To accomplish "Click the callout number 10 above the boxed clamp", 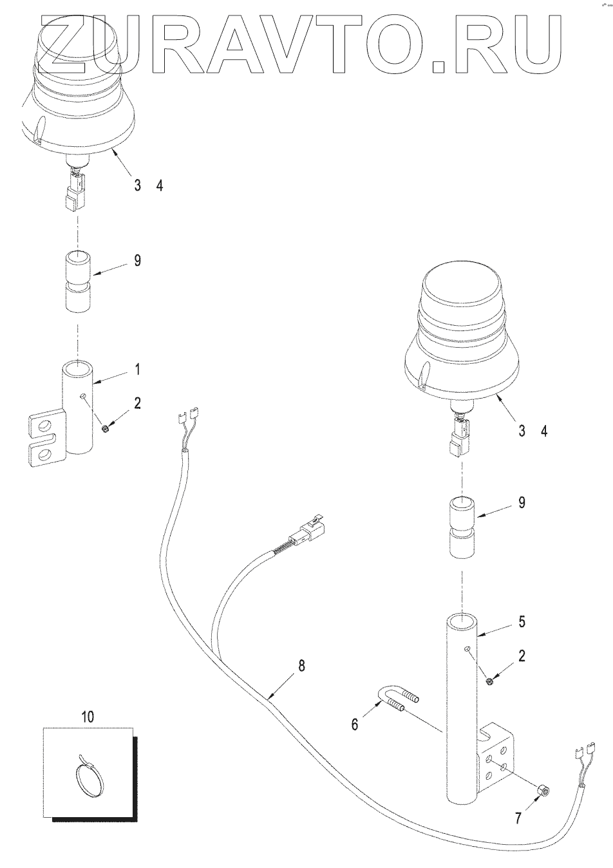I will [88, 716].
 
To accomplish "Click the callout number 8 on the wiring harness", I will [303, 666].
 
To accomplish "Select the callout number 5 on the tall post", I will [522, 622].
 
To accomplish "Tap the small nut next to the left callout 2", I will [106, 428].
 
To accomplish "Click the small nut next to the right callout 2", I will [490, 681].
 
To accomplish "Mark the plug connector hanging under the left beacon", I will [72, 193].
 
